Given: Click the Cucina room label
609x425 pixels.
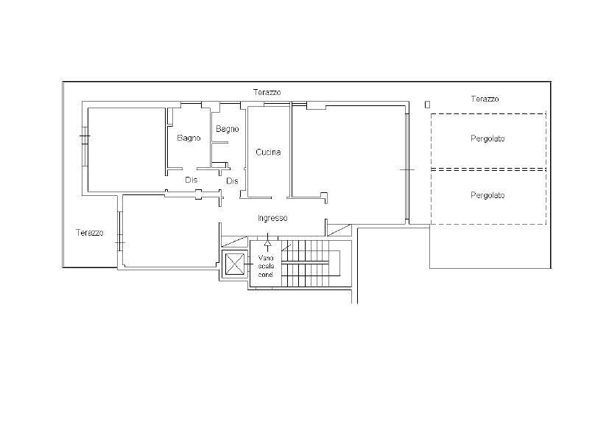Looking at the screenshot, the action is coord(268,152).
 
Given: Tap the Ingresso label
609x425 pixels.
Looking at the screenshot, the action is coord(272,218).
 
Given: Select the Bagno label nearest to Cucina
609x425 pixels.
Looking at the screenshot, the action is coord(228,129).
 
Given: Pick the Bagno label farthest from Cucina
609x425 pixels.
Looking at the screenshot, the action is coord(189,138).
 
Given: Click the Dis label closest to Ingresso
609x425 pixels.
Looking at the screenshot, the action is coord(232,181).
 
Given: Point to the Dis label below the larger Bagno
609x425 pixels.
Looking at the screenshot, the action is coord(191,180).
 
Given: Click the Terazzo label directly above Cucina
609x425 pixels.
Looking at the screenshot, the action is coord(267,93).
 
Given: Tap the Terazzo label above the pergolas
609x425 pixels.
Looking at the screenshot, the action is coord(485,99).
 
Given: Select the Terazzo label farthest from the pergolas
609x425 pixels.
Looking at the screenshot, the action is coord(90,233).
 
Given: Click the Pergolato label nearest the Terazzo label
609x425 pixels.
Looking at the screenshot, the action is coord(487,138).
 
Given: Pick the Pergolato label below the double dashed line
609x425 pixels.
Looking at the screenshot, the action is coord(487,195).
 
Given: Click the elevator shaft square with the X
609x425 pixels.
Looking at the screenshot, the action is coord(235,264).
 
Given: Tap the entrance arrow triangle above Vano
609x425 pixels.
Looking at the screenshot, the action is coord(267,243).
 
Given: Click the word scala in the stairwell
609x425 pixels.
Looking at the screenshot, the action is coord(266,266).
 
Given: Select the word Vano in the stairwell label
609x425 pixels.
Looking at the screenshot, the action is coord(266,258).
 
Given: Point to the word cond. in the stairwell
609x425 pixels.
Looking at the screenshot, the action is coord(266,275).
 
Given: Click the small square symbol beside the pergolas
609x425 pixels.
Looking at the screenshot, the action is coord(428,105).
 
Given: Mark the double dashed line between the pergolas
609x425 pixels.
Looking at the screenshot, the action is coord(488,169).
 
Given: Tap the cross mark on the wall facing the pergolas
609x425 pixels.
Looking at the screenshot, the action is coord(407,169).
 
